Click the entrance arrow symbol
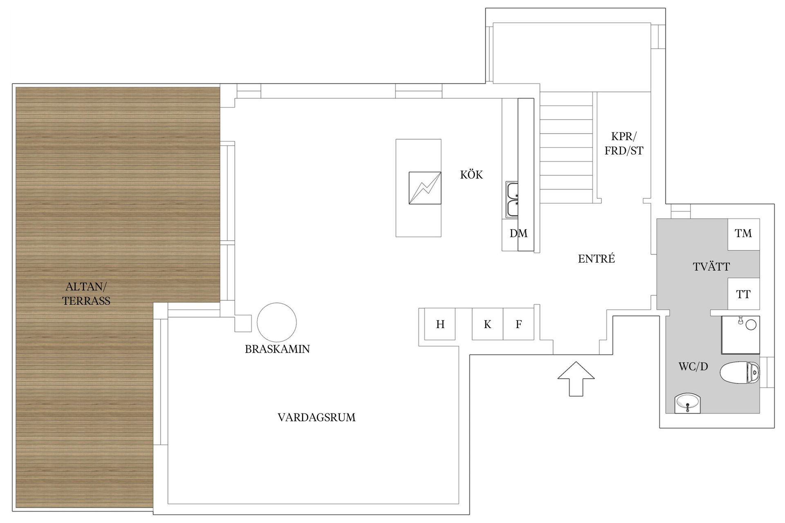576,379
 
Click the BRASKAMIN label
277,349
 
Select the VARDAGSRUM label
316,417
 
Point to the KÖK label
471,174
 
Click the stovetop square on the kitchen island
425,188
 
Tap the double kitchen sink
512,200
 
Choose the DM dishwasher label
518,233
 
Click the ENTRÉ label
597,258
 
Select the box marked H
440,324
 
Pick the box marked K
487,324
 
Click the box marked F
518,324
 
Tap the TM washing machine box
744,234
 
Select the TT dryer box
744,294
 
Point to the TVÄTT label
711,267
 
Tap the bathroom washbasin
688,403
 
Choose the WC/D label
693,367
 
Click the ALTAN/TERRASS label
86,294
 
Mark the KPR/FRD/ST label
624,144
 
